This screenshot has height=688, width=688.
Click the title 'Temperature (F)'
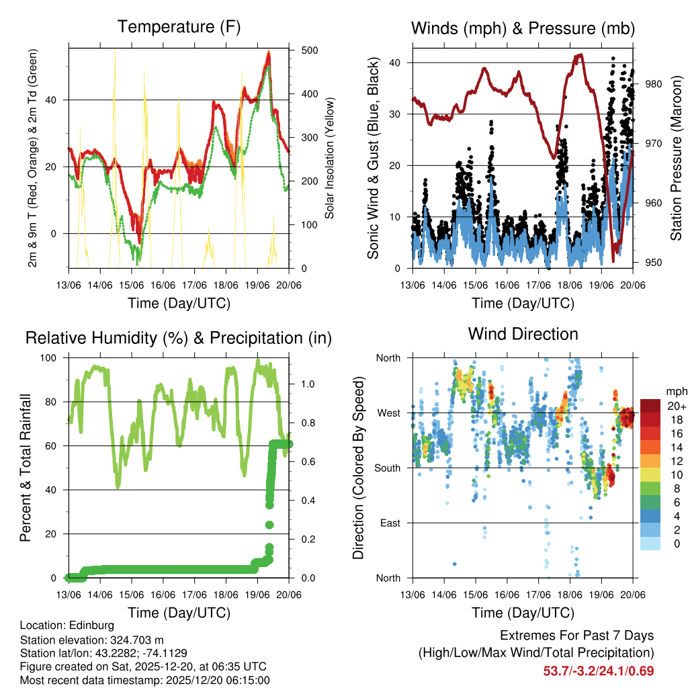pos(179,28)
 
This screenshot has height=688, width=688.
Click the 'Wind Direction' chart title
pos(523,333)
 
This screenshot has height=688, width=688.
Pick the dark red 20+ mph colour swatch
pos(651,406)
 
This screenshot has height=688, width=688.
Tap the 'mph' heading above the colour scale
pos(676,391)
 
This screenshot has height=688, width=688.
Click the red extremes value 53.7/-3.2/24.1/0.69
pos(598,671)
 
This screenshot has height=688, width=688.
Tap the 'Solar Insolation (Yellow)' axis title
pos(330,158)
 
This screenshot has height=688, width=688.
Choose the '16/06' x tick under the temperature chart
pos(163,286)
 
